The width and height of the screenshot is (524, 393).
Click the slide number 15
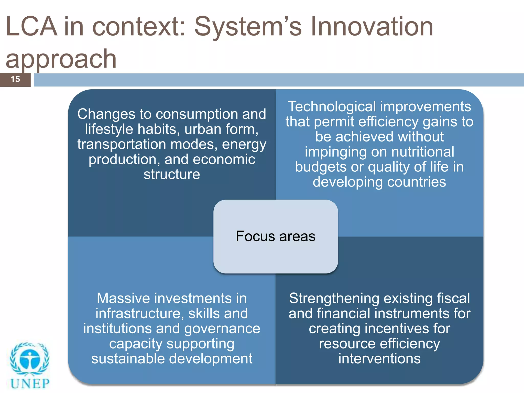(15, 79)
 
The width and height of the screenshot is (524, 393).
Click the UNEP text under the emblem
(30, 384)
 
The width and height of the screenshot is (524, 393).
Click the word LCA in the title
(31, 27)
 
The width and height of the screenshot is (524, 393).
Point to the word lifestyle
(109, 129)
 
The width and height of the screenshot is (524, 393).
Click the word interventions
(379, 359)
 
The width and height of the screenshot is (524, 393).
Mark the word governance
(222, 329)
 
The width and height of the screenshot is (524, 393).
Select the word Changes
(106, 114)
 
